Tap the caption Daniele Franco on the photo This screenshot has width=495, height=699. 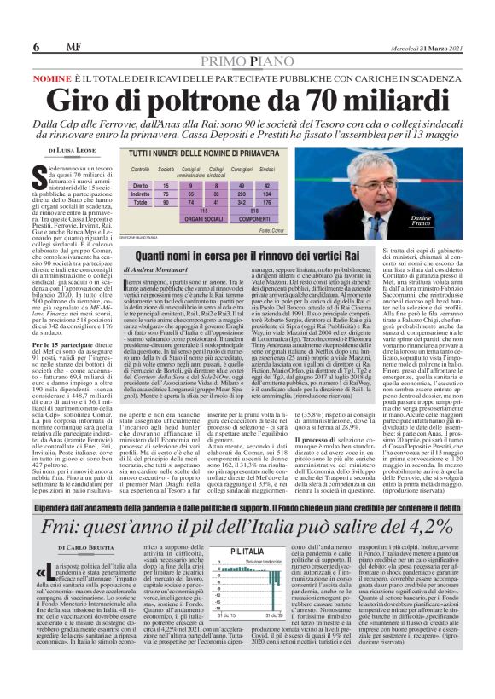pos(445,222)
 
